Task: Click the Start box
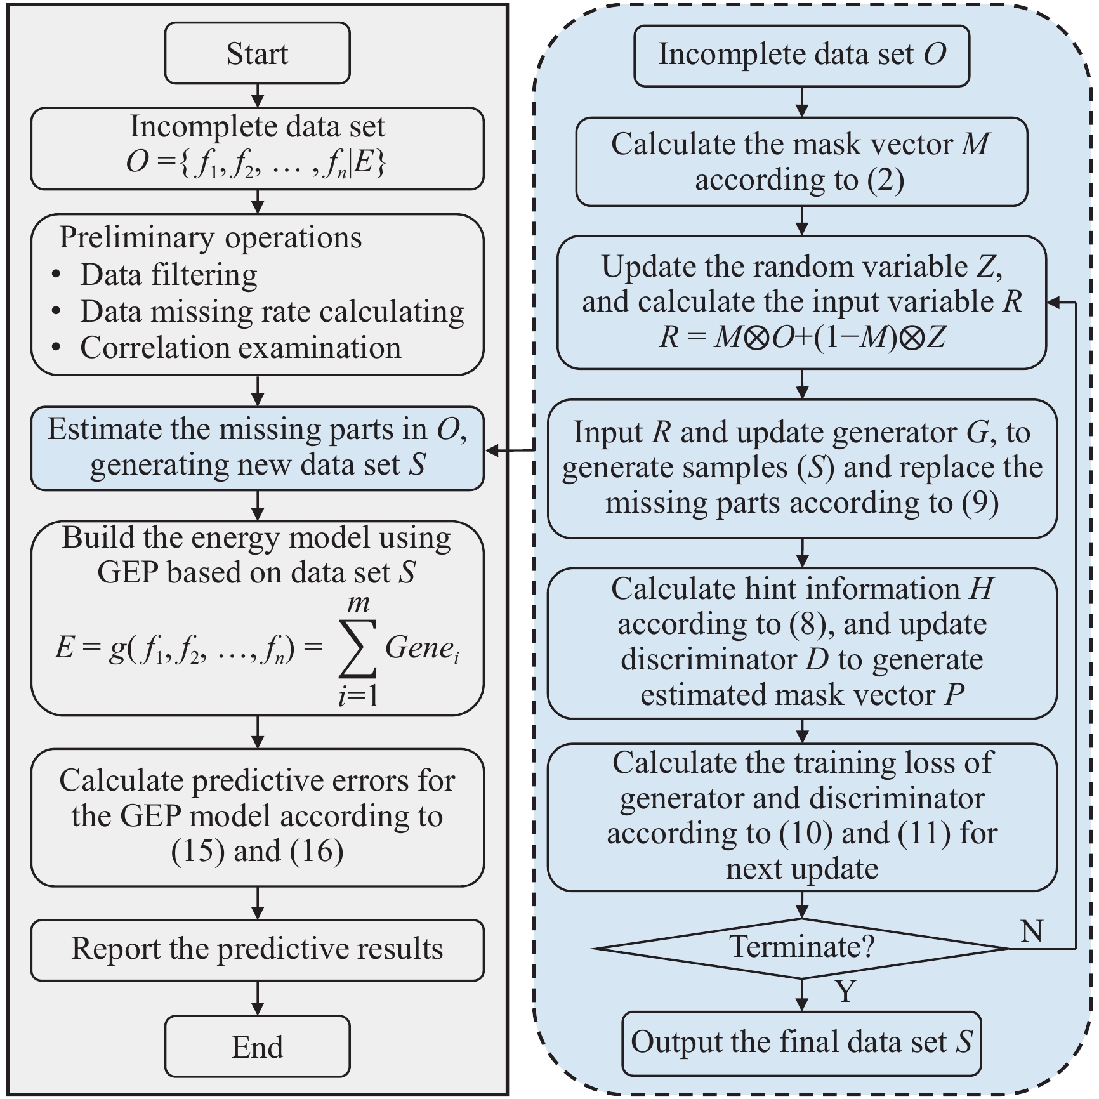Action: click(x=257, y=53)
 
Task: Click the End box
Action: click(x=257, y=1046)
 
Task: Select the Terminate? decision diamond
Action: click(x=801, y=948)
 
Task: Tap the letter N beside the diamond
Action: click(x=1032, y=931)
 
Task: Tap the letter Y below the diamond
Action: click(x=845, y=990)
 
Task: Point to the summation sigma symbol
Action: click(x=358, y=648)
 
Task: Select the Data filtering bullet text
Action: click(x=169, y=275)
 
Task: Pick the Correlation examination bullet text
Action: click(x=240, y=348)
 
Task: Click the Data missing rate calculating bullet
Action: click(x=272, y=312)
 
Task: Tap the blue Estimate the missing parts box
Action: click(x=257, y=448)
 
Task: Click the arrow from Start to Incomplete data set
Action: click(x=258, y=96)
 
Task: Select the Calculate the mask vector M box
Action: click(x=801, y=162)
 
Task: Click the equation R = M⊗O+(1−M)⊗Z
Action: click(x=802, y=337)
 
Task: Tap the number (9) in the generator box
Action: click(x=979, y=503)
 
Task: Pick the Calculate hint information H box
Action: click(x=801, y=642)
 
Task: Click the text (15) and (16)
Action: click(x=257, y=851)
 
